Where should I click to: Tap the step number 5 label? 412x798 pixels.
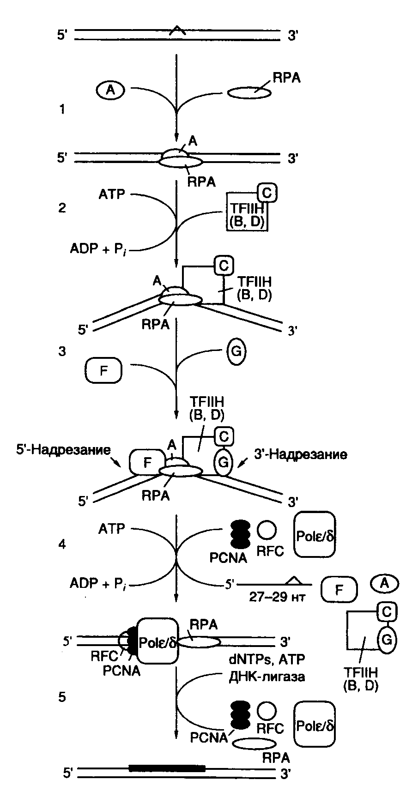[62, 697]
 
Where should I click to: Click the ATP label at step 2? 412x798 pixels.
[111, 194]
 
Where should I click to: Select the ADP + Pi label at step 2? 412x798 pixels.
[99, 249]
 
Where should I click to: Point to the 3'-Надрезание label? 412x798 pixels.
[301, 454]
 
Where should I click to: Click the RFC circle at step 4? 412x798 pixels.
[267, 531]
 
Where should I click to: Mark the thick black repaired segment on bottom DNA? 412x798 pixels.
[167, 768]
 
